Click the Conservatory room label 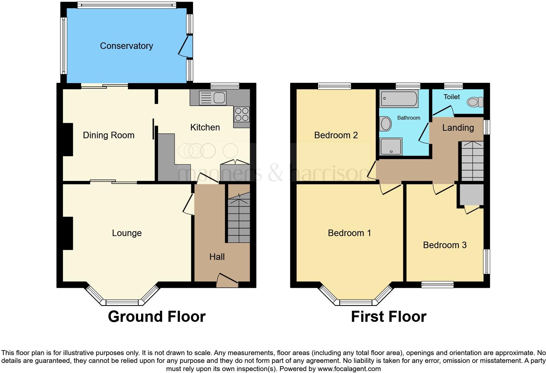pos(126,46)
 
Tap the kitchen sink pos(212,98)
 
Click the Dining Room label pos(108,135)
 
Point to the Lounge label pos(127,233)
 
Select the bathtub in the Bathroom pos(399,98)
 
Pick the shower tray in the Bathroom pos(391,146)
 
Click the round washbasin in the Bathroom pos(386,124)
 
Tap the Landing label pos(458,128)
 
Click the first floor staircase pos(472,161)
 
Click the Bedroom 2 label pos(336,135)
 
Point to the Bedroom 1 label pos(349,233)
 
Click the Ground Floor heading pos(157,317)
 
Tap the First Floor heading pos(389,317)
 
